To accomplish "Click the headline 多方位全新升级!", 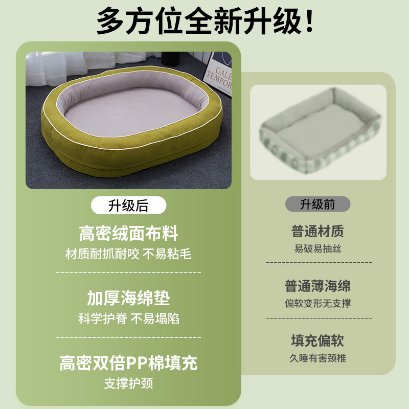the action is pos(205,21).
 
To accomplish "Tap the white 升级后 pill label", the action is pos(129,206).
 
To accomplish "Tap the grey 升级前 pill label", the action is pos(317,204).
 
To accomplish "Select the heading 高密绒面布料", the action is pos(129,233).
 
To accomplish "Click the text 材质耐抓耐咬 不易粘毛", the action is pos(128,254).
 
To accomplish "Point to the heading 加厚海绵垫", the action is pos(129,298).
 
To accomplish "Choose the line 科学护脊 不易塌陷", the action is pos(129,319).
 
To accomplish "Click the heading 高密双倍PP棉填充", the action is pos(129,363).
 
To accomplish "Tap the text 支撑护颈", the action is pos(129,383).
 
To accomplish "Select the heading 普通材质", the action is pos(317,231).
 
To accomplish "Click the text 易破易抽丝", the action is pos(317,248).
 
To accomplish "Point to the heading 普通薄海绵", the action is pos(317,286).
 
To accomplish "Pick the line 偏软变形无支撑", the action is pos(317,303).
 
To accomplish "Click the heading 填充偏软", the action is pos(317,340).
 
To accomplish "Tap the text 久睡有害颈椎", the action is pos(317,358).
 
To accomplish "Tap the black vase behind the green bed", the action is pos(171,58).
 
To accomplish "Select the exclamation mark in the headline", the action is pos(309,21).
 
